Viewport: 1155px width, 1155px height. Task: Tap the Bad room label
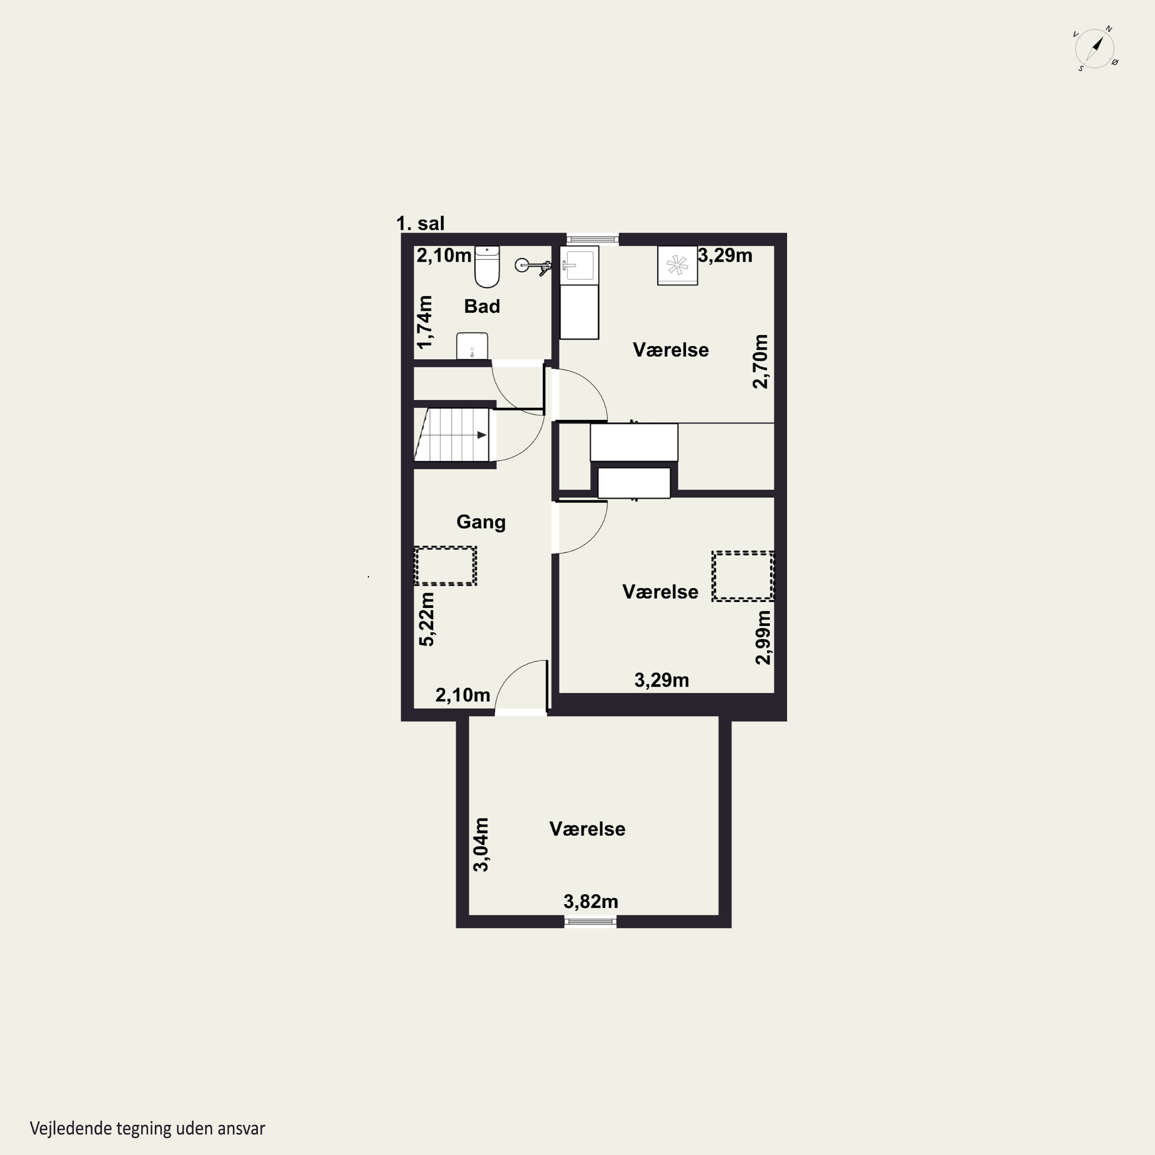tap(482, 307)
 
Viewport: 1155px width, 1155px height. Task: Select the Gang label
tap(480, 522)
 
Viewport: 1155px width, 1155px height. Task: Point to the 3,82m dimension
tap(591, 902)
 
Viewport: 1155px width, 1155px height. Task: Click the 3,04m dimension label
tap(480, 845)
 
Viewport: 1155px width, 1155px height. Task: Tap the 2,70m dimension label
tap(760, 362)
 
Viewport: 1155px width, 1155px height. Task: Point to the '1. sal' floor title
tap(420, 224)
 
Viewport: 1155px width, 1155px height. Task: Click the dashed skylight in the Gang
tap(445, 566)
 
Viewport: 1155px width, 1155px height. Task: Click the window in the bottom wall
tap(591, 922)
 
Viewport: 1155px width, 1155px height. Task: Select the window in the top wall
tap(593, 239)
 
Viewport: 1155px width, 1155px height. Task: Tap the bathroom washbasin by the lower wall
tap(472, 346)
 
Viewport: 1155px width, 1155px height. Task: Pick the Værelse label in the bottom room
tap(587, 829)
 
